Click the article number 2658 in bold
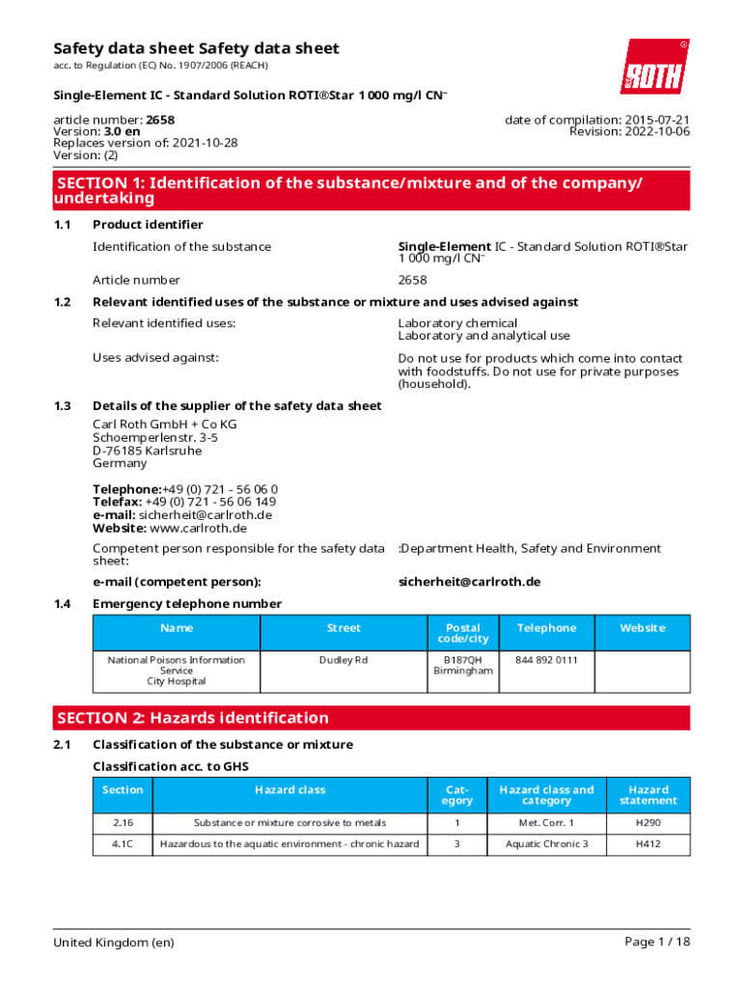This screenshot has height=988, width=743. (160, 120)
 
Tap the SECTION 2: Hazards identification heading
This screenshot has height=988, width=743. (193, 718)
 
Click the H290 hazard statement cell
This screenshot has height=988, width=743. (648, 823)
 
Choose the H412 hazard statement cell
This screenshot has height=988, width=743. (648, 844)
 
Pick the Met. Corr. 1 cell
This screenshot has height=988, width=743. (546, 823)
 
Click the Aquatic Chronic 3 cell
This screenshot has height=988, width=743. (546, 844)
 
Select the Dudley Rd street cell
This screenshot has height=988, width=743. (344, 660)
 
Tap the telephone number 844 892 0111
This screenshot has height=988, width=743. (546, 660)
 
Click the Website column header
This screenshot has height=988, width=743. (642, 628)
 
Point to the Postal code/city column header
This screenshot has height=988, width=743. (463, 633)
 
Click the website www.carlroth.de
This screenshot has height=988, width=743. (199, 528)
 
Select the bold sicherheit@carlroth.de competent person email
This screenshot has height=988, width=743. (469, 582)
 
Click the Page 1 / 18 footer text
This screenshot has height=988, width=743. (657, 942)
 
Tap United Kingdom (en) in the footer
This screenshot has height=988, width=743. (114, 942)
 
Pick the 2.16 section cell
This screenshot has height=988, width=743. (123, 823)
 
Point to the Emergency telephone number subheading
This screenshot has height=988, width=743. (187, 604)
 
